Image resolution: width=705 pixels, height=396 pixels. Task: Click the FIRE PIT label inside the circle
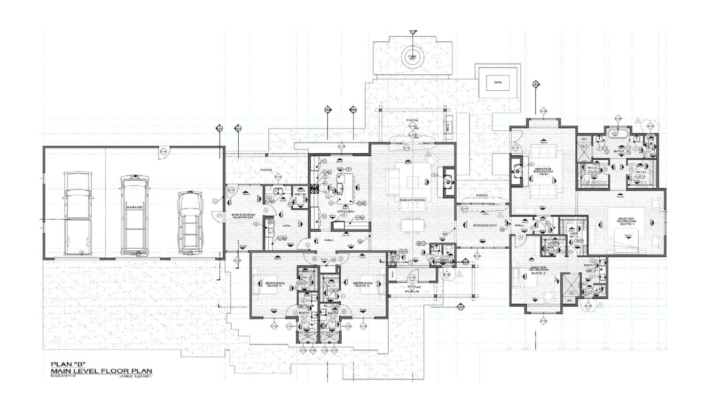(x=412, y=58)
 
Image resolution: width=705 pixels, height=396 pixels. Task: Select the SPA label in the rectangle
(x=498, y=82)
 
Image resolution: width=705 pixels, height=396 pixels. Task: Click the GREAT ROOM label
(x=412, y=200)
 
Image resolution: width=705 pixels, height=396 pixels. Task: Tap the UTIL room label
(x=287, y=226)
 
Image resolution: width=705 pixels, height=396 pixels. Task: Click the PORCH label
(x=412, y=291)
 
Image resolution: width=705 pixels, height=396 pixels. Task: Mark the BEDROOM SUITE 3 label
(x=275, y=285)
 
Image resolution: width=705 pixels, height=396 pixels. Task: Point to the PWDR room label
(x=444, y=260)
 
